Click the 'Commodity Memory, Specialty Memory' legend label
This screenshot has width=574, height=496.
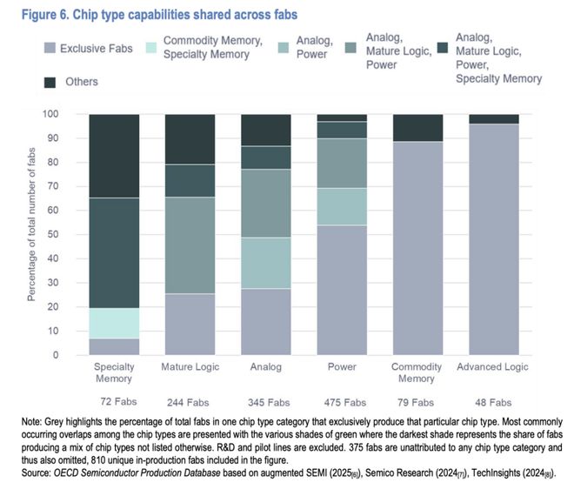[212, 48]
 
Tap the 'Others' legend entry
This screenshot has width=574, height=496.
[82, 81]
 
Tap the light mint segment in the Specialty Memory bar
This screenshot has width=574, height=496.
[114, 323]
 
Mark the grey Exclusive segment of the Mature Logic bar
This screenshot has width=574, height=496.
[189, 324]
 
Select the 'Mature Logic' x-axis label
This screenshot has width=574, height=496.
[189, 366]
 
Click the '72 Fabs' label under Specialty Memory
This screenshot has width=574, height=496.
[114, 403]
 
